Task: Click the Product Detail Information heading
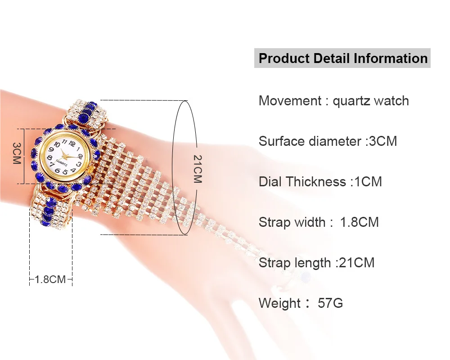pos(343,58)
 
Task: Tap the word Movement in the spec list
pos(290,101)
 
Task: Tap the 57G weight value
pos(330,303)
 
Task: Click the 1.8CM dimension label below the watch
pos(50,279)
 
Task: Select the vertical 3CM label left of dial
pos(17,153)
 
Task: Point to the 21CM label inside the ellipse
pos(197,169)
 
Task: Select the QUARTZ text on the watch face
pos(62,164)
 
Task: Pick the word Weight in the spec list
pos(279,304)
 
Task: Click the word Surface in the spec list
pos(282,141)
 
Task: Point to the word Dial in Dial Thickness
pos(270,182)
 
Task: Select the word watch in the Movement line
pos(391,101)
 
